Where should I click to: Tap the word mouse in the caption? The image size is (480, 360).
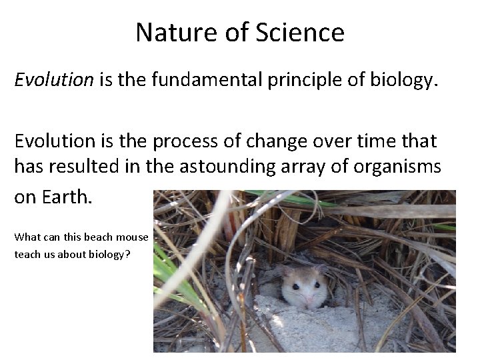coord(131,237)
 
